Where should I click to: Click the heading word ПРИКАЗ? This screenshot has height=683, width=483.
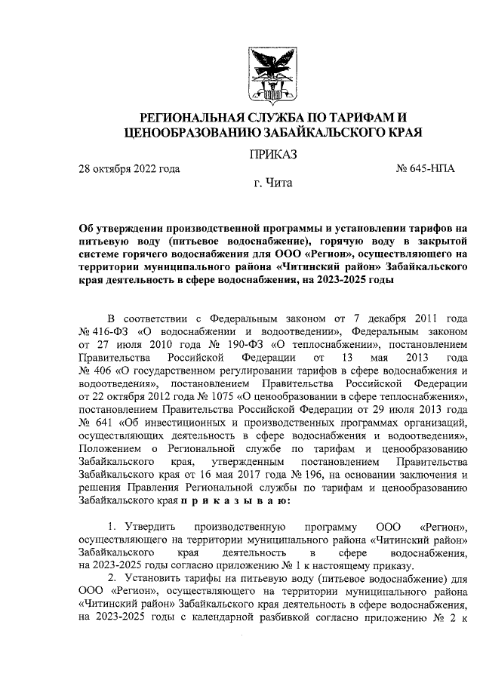pos(272,155)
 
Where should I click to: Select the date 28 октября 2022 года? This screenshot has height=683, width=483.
pos(129,168)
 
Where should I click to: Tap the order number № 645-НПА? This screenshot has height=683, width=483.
pos(425,168)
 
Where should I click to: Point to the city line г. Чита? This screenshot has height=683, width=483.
pos(272,183)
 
